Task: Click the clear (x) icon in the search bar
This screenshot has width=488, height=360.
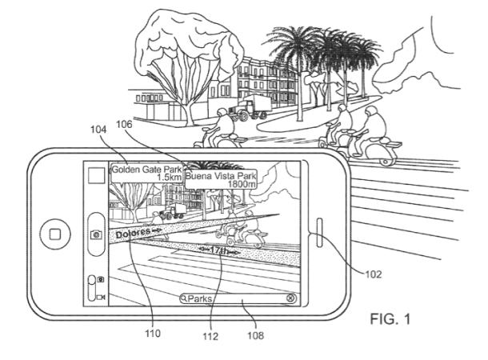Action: (290, 298)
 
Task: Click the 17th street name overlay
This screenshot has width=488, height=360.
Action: (219, 250)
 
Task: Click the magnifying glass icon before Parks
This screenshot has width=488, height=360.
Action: (184, 299)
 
